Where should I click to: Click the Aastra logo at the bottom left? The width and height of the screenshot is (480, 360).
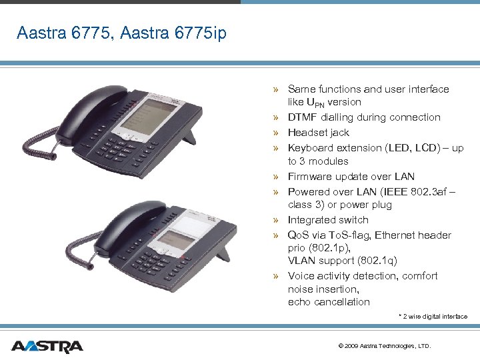[x=47, y=346]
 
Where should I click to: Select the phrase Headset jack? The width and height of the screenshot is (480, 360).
[x=318, y=133]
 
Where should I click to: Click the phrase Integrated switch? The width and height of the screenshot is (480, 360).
[x=327, y=220]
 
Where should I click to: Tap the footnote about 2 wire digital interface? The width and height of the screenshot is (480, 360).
[x=433, y=317]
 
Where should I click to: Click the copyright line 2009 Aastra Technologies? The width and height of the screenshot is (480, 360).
[x=385, y=346]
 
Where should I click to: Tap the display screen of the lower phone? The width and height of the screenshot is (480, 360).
[x=175, y=233]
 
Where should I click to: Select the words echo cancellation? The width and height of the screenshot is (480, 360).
[x=329, y=302]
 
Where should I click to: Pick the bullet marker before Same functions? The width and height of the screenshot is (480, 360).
[x=275, y=89]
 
